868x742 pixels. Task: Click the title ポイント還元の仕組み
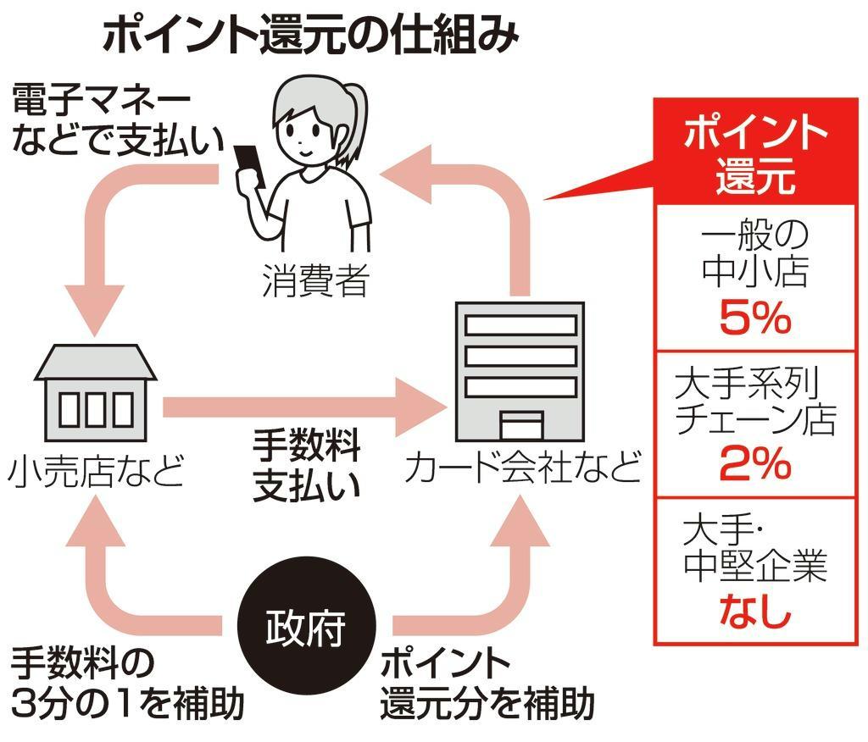click(309, 36)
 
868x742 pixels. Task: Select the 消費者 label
click(315, 280)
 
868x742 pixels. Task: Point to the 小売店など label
click(95, 472)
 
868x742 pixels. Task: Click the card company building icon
click(520, 372)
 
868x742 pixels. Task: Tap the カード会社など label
click(522, 468)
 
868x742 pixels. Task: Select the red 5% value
click(754, 320)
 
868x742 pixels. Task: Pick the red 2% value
click(754, 464)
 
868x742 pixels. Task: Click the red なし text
click(754, 612)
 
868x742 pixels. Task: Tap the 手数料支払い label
click(307, 465)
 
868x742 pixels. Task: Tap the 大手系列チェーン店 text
click(754, 402)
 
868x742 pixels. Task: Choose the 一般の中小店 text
click(754, 253)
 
